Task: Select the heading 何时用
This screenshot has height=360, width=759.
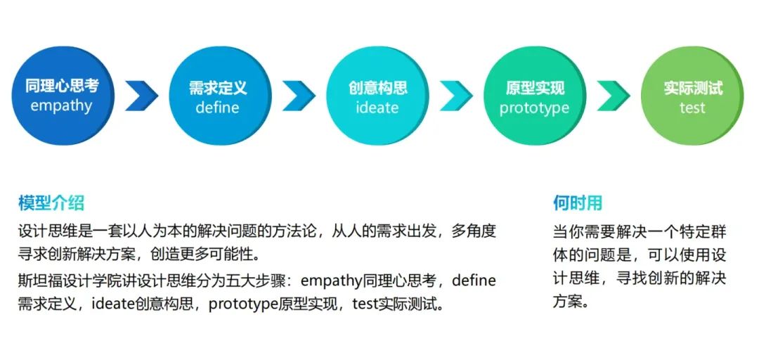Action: [578, 204]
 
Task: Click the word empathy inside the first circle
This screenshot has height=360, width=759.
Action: [62, 107]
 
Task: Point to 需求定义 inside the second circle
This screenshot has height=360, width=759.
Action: [218, 88]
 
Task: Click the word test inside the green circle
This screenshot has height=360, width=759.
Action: [692, 108]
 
